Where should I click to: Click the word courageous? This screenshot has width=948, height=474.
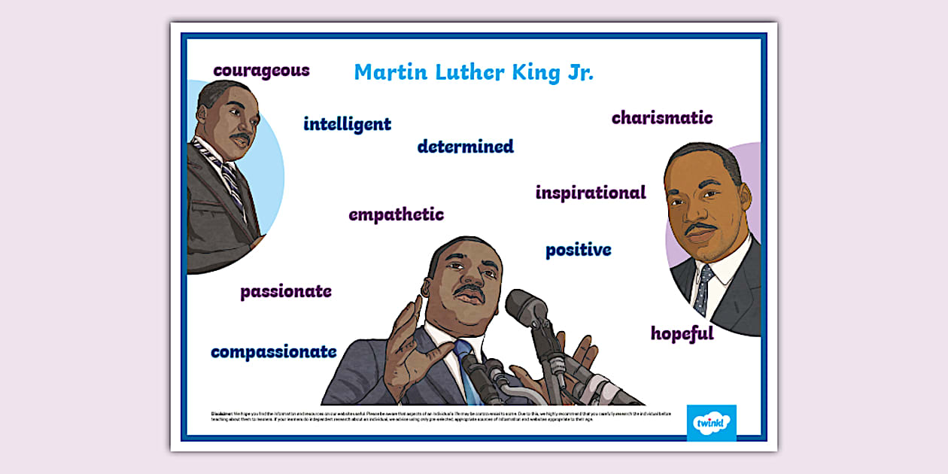click(x=261, y=71)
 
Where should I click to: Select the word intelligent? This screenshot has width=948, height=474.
click(x=347, y=124)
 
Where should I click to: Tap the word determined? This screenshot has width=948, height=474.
click(x=465, y=146)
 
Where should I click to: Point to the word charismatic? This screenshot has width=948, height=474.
click(x=661, y=118)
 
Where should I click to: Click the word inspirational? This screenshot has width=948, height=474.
click(x=590, y=193)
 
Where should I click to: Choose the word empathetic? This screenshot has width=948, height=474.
click(x=396, y=214)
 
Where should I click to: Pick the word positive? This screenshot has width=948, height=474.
click(x=578, y=250)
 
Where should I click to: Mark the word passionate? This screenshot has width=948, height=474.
click(x=286, y=291)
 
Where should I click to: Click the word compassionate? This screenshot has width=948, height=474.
click(x=273, y=351)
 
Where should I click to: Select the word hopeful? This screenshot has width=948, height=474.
click(x=682, y=333)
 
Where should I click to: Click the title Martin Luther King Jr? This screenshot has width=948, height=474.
click(x=473, y=72)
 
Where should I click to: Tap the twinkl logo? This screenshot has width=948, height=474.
click(x=711, y=423)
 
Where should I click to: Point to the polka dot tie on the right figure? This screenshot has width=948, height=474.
click(x=703, y=288)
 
